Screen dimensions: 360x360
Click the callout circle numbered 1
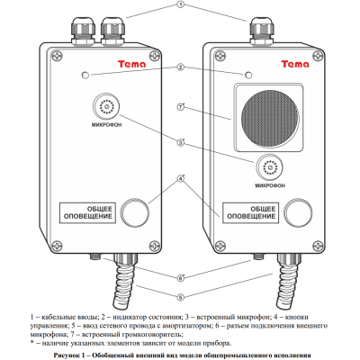[180, 5]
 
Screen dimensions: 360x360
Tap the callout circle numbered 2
[180, 67]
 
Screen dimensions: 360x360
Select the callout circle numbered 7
[180, 107]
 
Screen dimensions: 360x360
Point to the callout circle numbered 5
[180, 297]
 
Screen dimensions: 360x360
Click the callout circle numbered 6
[180, 278]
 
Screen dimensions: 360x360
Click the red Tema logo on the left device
[131, 64]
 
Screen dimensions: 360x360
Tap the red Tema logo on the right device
[295, 64]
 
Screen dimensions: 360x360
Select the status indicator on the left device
[85, 75]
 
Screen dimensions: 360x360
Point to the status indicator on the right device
[248, 75]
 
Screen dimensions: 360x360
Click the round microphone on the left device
[106, 106]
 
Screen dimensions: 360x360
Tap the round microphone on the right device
[269, 167]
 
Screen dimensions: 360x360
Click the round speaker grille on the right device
[270, 114]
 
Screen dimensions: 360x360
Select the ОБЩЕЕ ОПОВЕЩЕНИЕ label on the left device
[88, 212]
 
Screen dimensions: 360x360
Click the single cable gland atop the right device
[261, 31]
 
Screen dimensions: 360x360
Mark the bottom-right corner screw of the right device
[318, 246]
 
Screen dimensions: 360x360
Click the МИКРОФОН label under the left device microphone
[106, 125]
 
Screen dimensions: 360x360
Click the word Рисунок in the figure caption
[67, 355]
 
